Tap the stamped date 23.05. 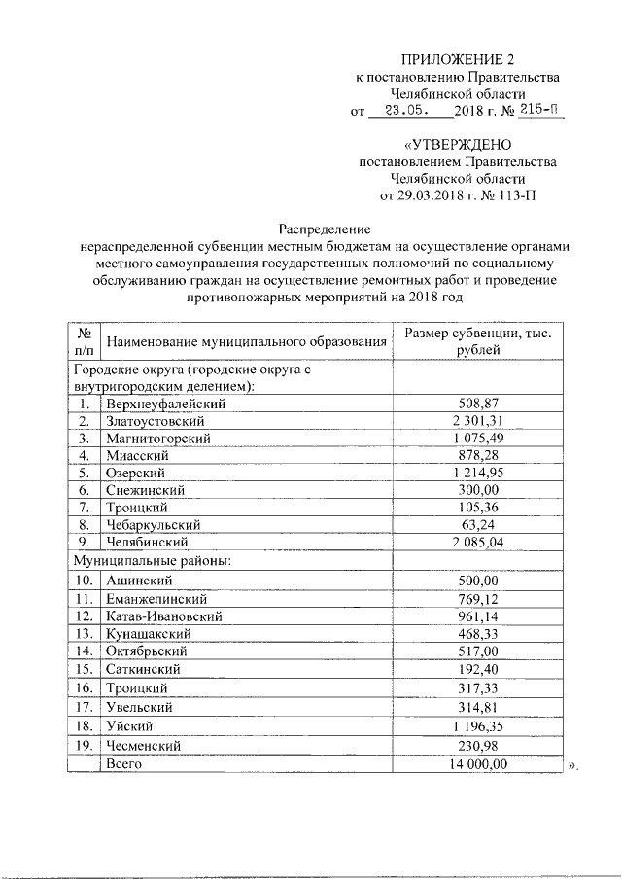tap(399, 111)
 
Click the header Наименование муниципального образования tap(246, 341)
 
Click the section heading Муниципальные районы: tap(153, 561)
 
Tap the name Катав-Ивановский tap(165, 616)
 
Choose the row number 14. tap(86, 651)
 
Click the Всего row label tap(124, 765)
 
